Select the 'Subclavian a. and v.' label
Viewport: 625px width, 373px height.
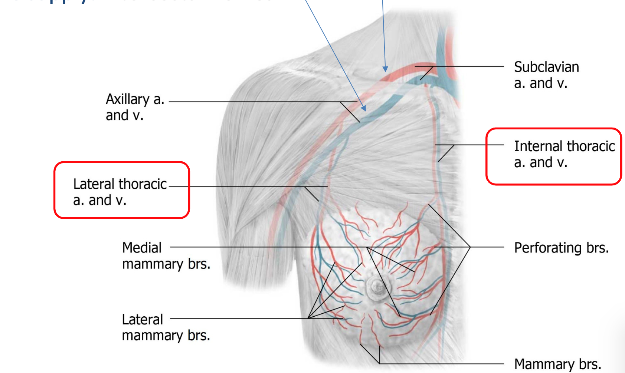(x=546, y=75)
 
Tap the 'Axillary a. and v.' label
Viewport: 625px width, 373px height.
(x=135, y=107)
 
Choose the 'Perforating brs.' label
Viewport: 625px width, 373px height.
(x=561, y=248)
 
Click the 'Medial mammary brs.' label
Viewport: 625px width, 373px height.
(x=166, y=255)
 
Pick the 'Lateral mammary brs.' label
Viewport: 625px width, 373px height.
(x=166, y=327)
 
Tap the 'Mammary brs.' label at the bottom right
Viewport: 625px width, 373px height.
(x=557, y=364)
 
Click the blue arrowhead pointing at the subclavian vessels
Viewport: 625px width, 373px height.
(x=385, y=69)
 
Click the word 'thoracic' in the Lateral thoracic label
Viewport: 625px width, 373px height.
(x=143, y=184)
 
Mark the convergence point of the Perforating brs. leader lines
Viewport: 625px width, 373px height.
(x=470, y=247)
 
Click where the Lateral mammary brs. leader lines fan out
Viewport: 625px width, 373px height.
(x=308, y=318)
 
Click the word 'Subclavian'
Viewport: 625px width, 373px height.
(x=546, y=67)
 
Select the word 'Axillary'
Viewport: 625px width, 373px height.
(x=128, y=99)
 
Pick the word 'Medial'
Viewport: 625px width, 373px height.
(x=142, y=248)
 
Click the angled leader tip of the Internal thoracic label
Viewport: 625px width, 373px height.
(x=439, y=161)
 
